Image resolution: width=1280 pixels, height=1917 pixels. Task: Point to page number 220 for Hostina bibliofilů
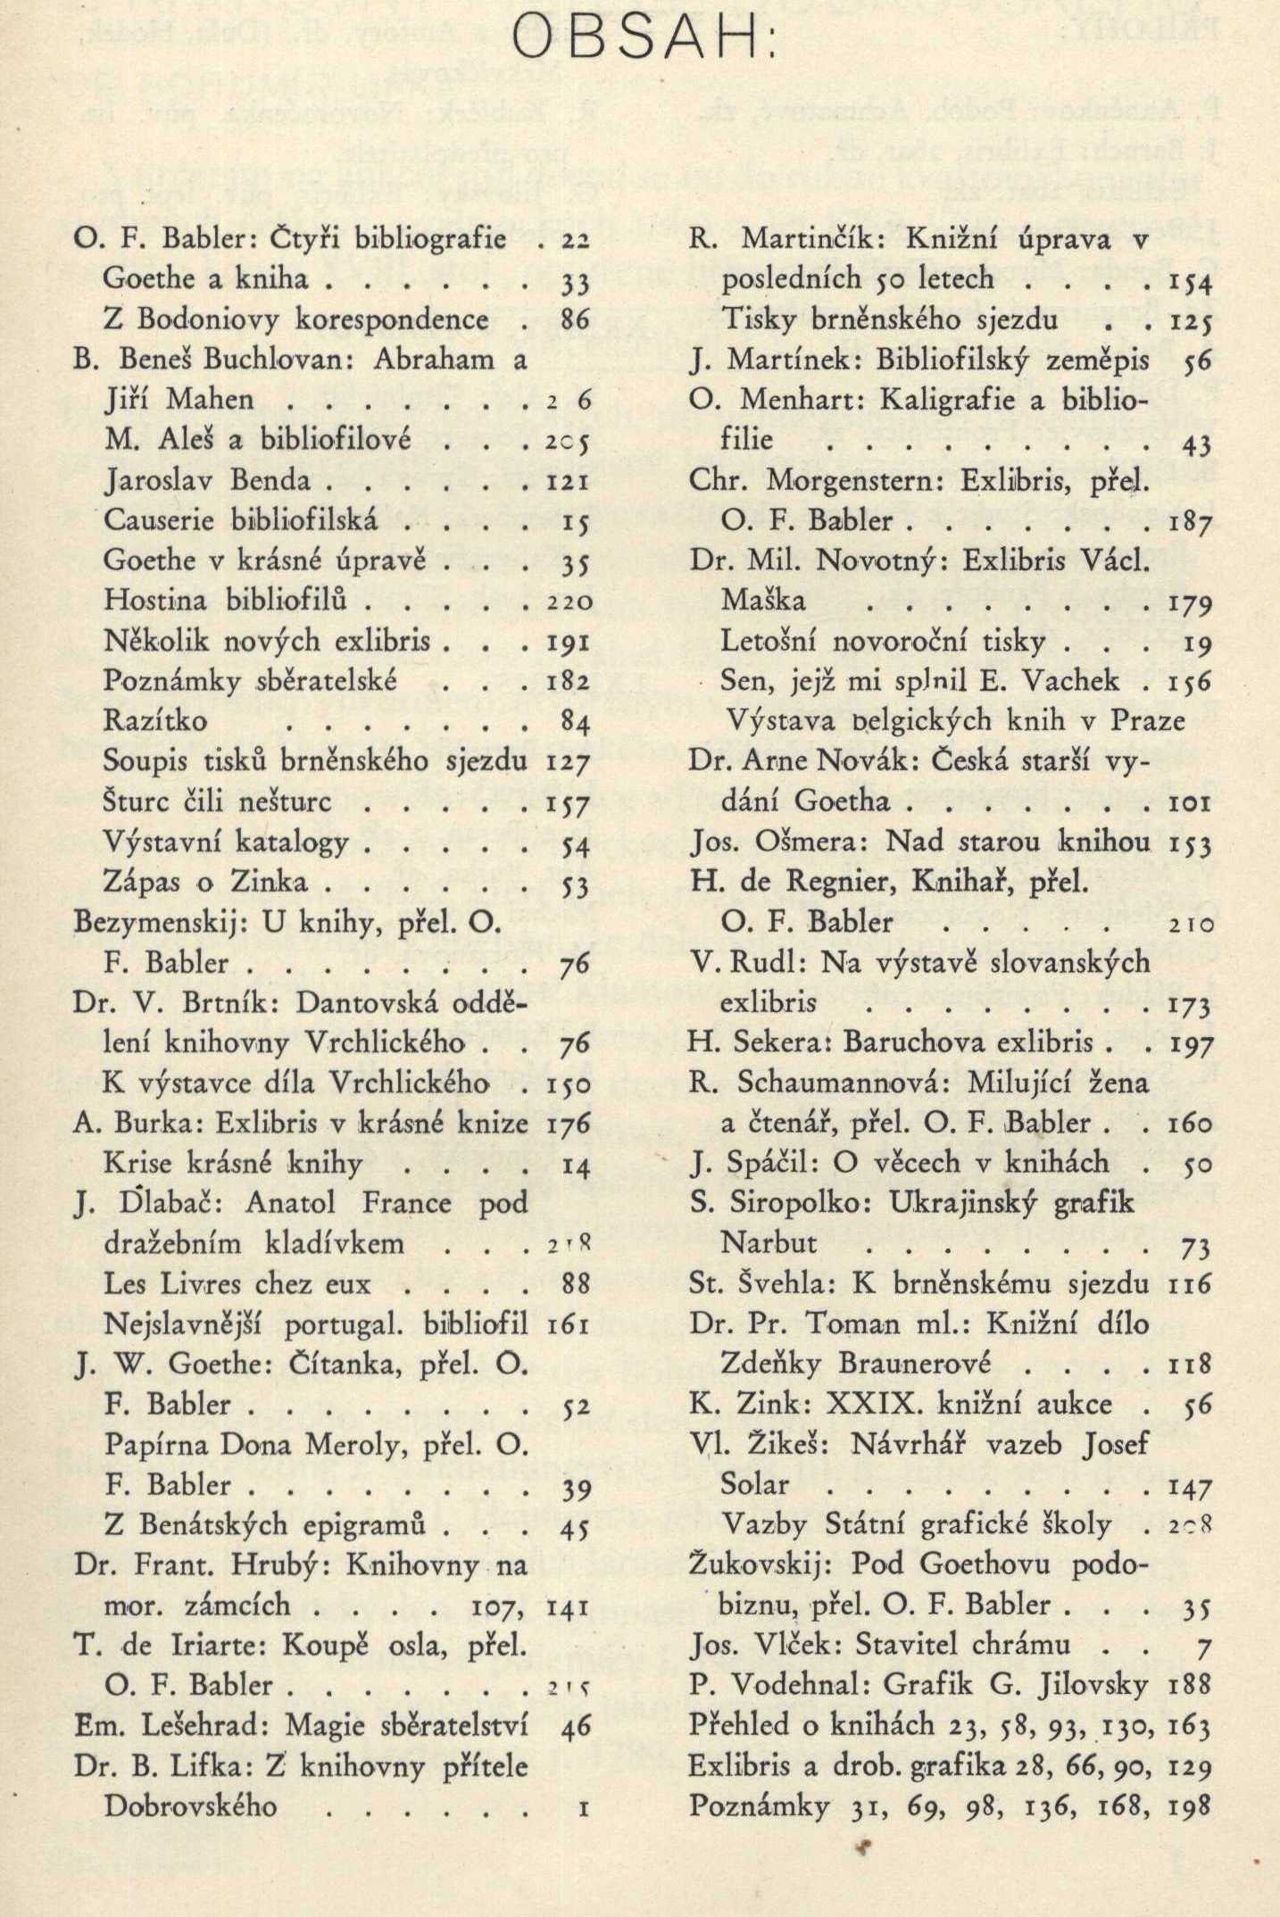tap(569, 601)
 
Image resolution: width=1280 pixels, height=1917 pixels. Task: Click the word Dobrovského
tap(191, 1805)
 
